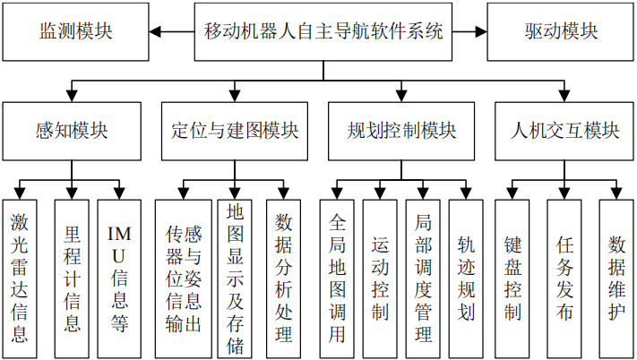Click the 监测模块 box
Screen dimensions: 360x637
pyautogui.click(x=75, y=31)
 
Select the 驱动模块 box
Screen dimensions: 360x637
pyautogui.click(x=562, y=31)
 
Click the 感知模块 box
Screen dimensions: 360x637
pyautogui.click(x=72, y=131)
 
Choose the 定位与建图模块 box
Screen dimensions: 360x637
pyautogui.click(x=235, y=131)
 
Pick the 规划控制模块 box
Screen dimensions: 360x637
pyautogui.click(x=401, y=131)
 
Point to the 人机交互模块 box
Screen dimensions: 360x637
pyautogui.click(x=565, y=131)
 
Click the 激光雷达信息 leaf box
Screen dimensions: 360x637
pyautogui.click(x=20, y=278)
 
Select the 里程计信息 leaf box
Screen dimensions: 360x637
pyautogui.click(x=73, y=278)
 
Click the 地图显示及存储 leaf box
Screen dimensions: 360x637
pyautogui.click(x=235, y=278)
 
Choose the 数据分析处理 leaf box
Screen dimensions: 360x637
pyautogui.click(x=283, y=278)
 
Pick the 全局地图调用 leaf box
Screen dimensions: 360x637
pyautogui.click(x=337, y=278)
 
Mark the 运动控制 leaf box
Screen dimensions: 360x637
pyautogui.click(x=380, y=278)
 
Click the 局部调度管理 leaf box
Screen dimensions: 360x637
pyautogui.click(x=423, y=278)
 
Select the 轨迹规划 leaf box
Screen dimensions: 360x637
pyautogui.click(x=466, y=278)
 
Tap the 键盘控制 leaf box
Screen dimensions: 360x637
pyautogui.click(x=512, y=278)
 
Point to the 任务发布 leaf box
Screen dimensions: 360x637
pyautogui.click(x=564, y=278)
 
